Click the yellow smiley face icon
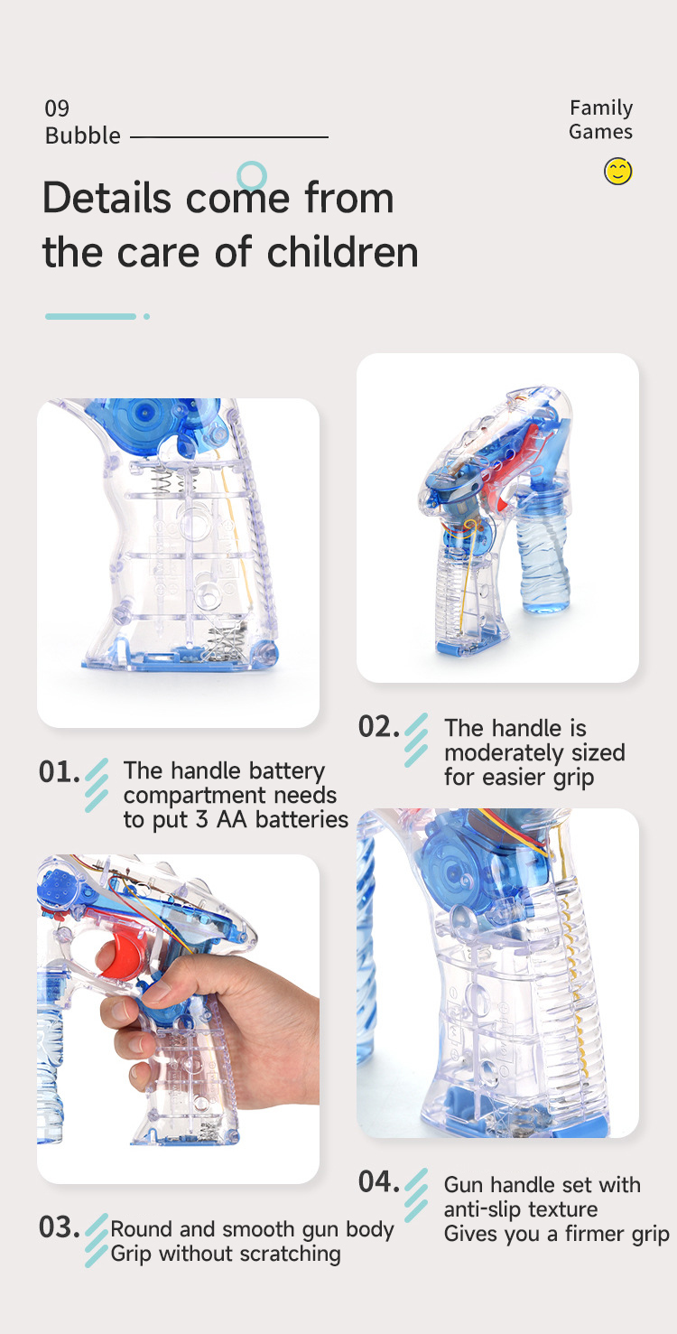(618, 171)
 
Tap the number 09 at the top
(57, 109)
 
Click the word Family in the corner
(601, 107)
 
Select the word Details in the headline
(107, 198)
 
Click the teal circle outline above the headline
(252, 175)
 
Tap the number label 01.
(59, 772)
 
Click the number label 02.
(378, 727)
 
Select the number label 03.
(59, 1227)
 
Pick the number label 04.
(378, 1181)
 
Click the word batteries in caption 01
(301, 819)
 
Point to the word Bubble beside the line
(83, 135)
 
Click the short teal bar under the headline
(90, 316)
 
